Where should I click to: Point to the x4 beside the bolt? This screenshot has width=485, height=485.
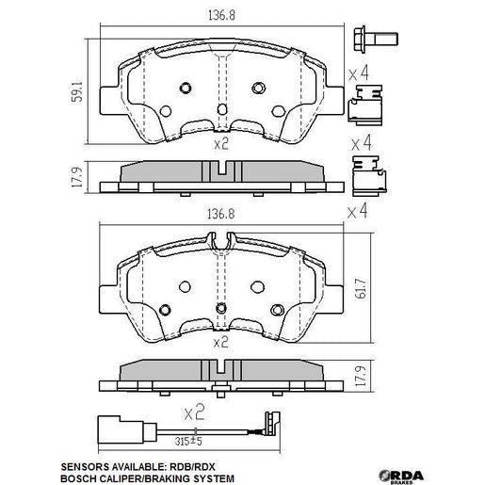point(358,72)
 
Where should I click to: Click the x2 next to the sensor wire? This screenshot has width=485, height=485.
point(193,412)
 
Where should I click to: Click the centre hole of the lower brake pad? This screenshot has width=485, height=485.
point(220,309)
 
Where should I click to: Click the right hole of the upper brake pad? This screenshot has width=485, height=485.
point(259,89)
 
